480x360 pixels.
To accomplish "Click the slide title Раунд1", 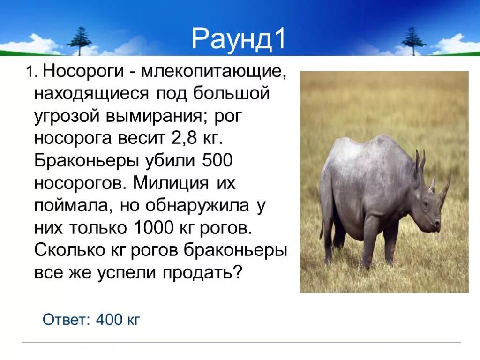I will click(239, 39).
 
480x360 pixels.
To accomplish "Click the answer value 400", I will click(109, 320).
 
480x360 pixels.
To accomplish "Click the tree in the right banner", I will click(413, 40).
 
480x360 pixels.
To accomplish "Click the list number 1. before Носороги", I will click(31, 73).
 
